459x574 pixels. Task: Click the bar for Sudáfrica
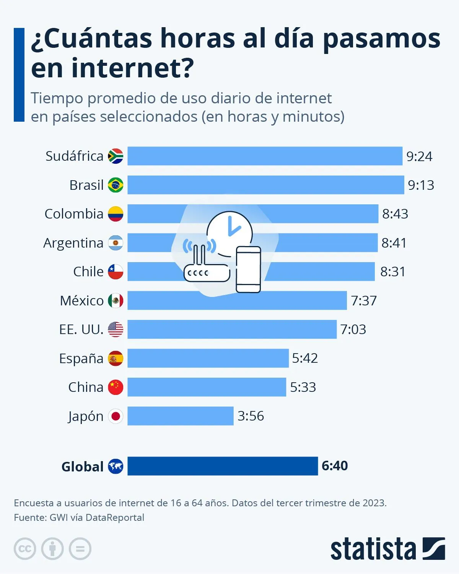tap(265, 156)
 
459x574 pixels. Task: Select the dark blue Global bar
tap(222, 466)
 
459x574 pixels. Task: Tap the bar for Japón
tap(180, 416)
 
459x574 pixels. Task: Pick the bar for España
tap(208, 358)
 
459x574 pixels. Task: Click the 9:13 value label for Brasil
tap(421, 185)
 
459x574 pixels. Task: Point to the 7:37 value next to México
tap(364, 301)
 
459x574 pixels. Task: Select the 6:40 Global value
tap(335, 466)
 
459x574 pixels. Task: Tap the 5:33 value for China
tap(303, 387)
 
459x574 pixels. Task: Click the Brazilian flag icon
tap(116, 185)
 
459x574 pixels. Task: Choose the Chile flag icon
tap(116, 272)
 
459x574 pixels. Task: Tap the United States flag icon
tap(116, 329)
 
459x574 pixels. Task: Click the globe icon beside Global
tap(116, 466)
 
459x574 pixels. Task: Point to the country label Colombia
tap(74, 214)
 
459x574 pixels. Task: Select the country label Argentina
tap(73, 243)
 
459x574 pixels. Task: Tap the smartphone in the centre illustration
tap(248, 269)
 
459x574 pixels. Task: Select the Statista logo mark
tap(434, 549)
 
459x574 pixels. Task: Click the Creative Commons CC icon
tap(25, 549)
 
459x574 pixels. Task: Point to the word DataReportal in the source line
tap(115, 518)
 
